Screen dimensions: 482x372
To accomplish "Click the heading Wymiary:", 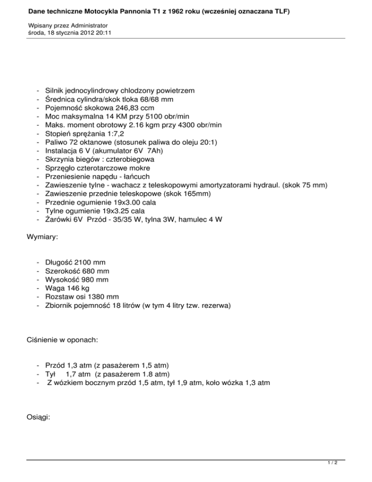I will tap(42, 239).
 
